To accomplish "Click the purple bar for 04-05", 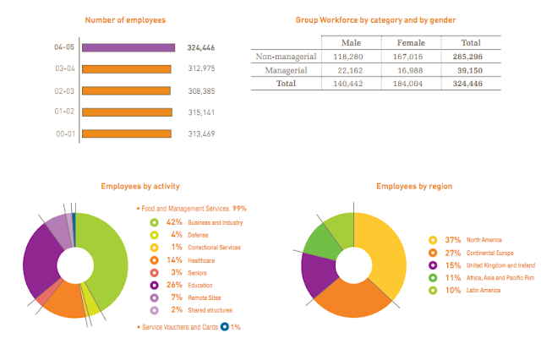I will (x=128, y=48).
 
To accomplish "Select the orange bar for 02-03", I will (x=126, y=90).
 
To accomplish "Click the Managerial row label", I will (x=286, y=71).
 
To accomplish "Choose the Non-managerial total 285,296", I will (x=471, y=57).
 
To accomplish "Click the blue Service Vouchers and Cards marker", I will (x=224, y=326).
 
